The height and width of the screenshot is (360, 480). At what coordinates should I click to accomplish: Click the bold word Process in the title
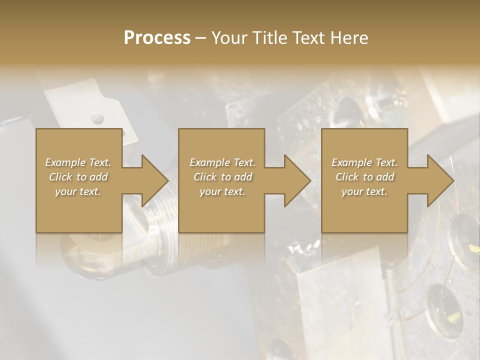click(x=157, y=37)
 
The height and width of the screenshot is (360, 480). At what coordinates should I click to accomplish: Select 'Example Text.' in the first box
click(x=78, y=162)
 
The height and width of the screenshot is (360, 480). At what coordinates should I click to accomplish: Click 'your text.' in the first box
click(x=78, y=191)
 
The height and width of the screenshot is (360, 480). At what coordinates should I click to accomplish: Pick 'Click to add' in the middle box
click(x=222, y=177)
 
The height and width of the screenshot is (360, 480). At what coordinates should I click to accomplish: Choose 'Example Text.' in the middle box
click(x=222, y=162)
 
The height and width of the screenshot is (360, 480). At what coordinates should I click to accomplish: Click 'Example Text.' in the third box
click(x=364, y=162)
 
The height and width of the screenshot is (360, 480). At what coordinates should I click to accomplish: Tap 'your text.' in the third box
click(x=364, y=191)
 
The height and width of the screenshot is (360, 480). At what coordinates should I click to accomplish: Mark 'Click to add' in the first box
click(x=78, y=177)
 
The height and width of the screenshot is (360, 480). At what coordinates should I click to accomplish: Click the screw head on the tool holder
click(x=98, y=119)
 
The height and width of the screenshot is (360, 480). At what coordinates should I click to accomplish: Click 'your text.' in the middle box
click(x=222, y=191)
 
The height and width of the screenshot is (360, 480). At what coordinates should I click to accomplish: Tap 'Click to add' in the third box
click(x=364, y=177)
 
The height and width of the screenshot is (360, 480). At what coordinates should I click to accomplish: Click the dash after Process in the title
click(x=201, y=38)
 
